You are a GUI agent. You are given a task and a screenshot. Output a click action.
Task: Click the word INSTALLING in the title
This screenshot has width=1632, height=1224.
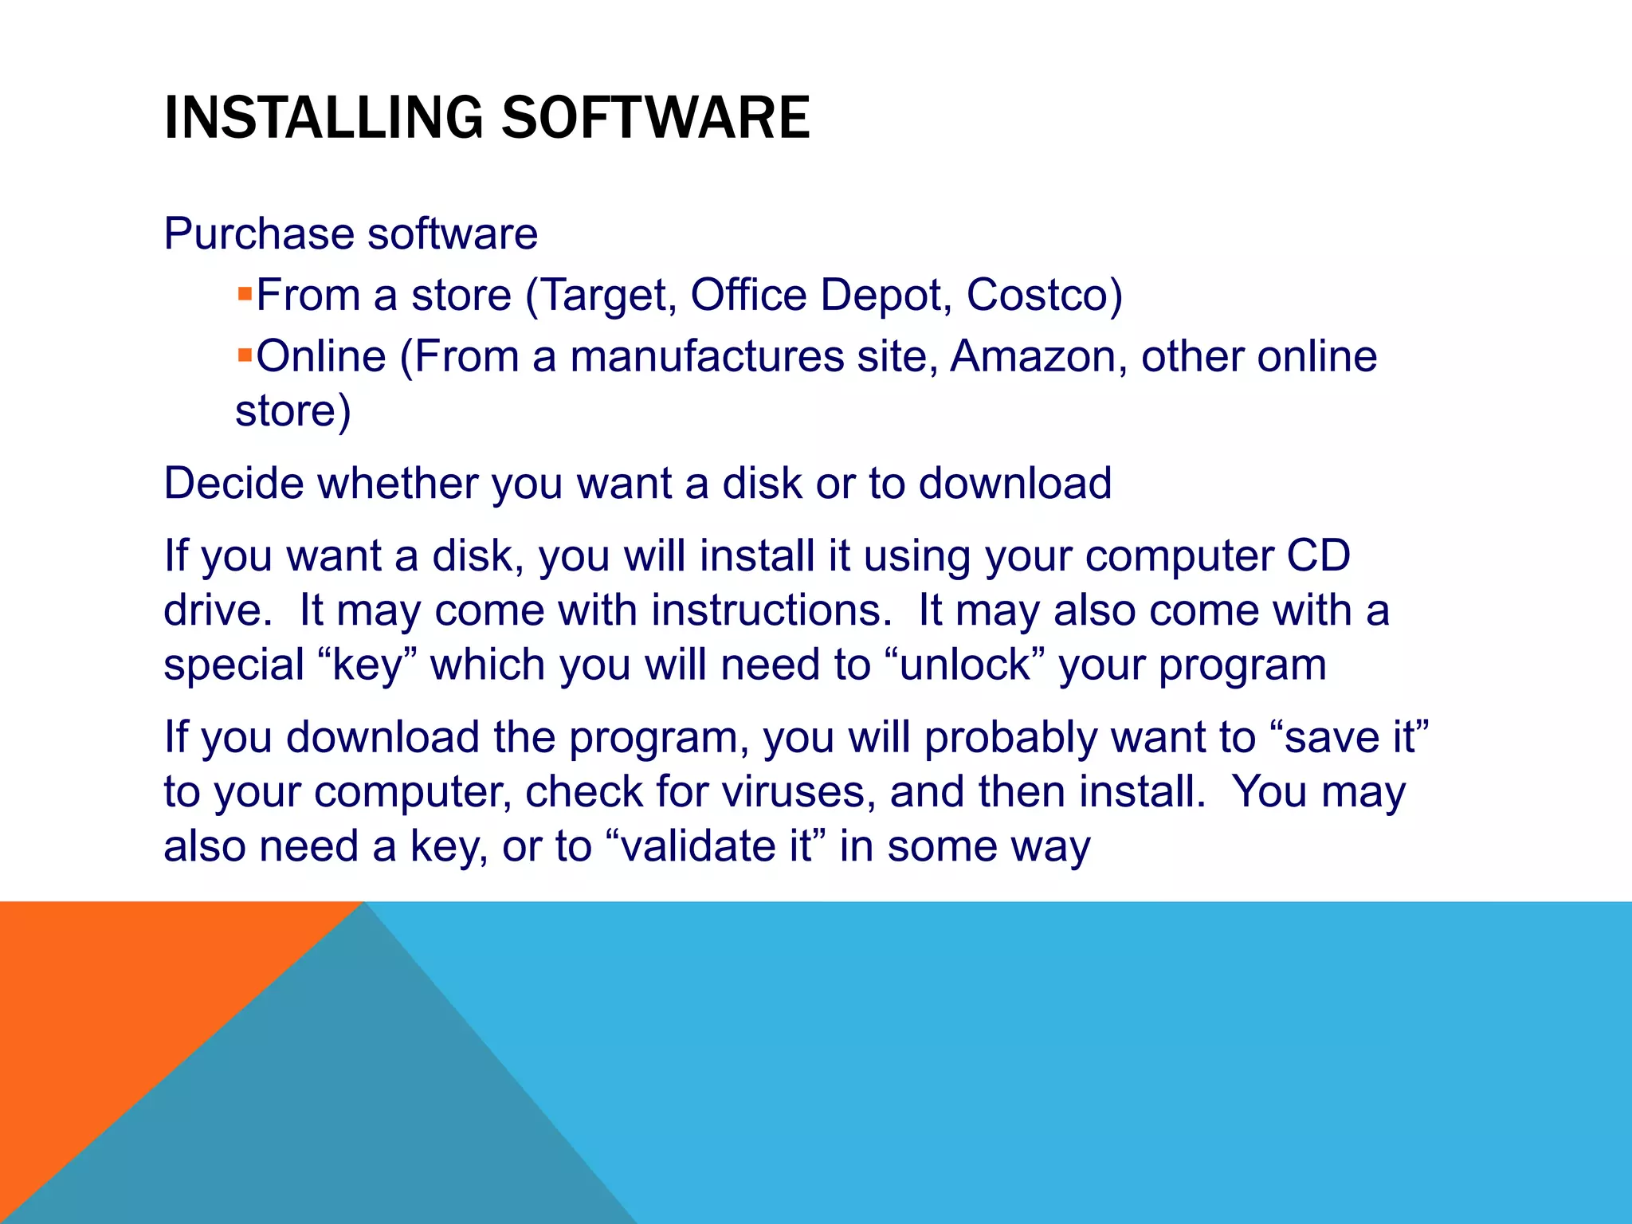[x=323, y=118]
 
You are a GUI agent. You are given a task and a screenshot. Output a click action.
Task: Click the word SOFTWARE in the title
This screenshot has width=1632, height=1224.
[x=655, y=118]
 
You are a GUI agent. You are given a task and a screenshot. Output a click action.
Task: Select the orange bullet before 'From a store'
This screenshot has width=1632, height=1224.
[x=245, y=293]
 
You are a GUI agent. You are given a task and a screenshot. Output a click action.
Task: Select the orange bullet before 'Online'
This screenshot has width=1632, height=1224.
[x=245, y=354]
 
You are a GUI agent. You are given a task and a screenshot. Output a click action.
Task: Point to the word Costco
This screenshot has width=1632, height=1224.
[x=1037, y=295]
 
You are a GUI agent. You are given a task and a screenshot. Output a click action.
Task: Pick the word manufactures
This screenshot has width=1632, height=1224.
[x=706, y=356]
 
